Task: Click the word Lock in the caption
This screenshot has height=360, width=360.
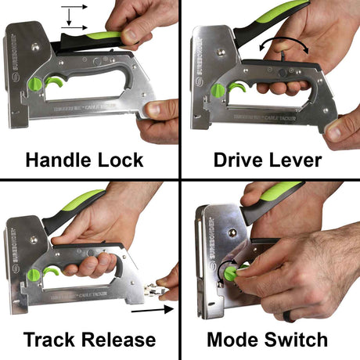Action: pos(120,160)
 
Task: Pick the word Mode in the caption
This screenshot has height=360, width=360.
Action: pos(233,340)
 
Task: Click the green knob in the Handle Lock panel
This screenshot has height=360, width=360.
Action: pos(34,84)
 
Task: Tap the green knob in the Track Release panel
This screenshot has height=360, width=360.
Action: pos(34,275)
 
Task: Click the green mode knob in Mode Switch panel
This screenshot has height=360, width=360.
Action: pos(232,271)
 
